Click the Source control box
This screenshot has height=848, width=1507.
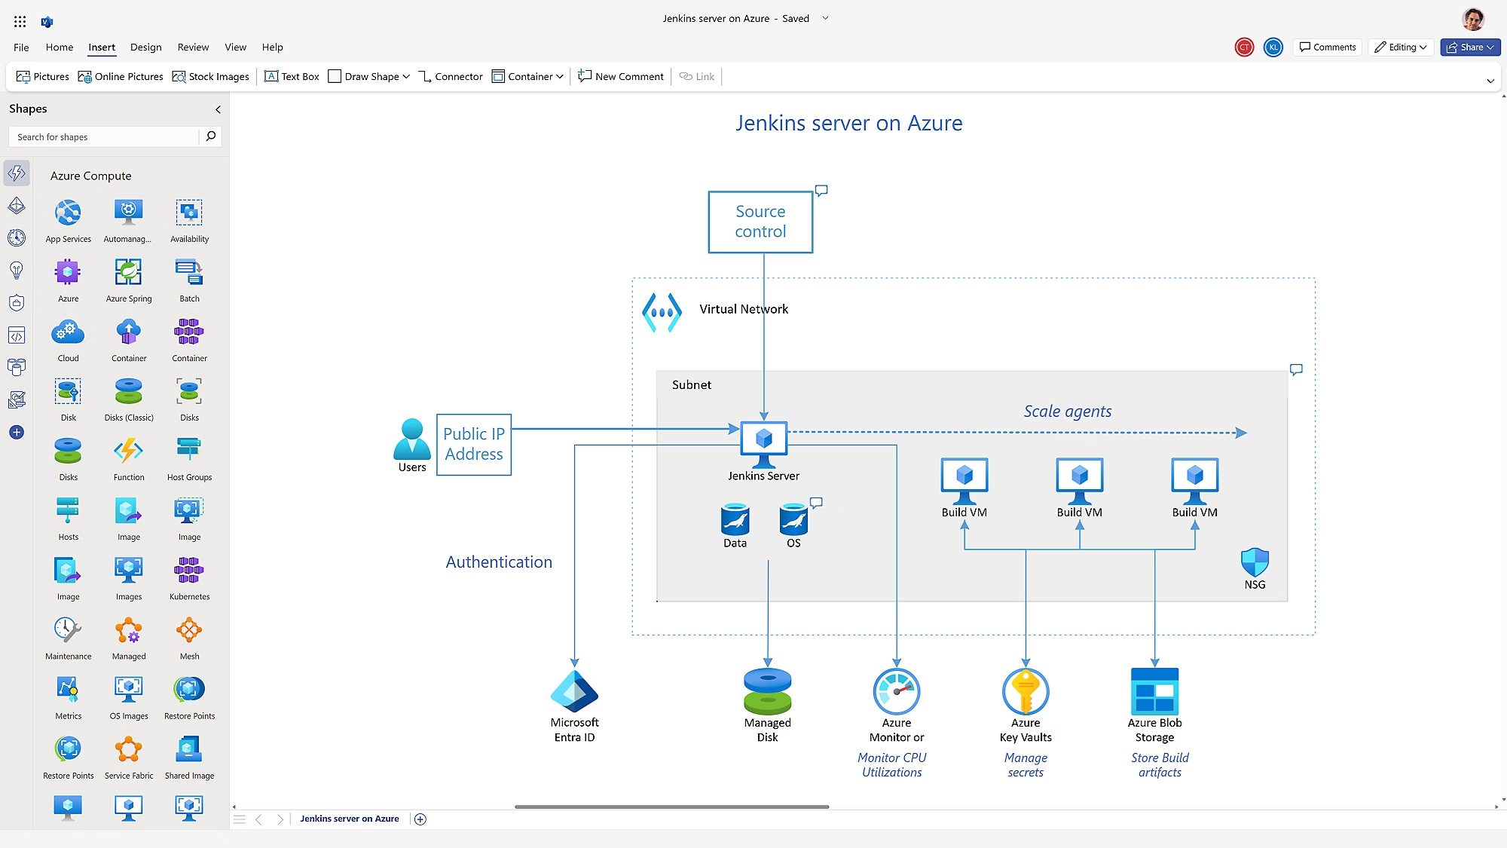coord(760,222)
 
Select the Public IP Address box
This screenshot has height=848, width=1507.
coord(473,444)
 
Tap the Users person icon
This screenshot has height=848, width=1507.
coord(411,439)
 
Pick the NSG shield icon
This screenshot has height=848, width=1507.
coord(1255,562)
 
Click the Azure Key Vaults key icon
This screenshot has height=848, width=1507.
coord(1026,690)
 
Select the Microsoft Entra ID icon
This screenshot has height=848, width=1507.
coord(574,690)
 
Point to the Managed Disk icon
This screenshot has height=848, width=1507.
coord(767,690)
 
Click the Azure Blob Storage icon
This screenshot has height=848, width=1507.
coord(1154,690)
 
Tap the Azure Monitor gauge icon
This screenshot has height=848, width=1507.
coord(896,690)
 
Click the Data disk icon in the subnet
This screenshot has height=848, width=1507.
coord(735,519)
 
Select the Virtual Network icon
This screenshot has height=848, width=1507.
coord(662,312)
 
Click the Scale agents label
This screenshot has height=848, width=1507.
coord(1067,412)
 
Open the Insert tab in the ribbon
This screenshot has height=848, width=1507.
coord(102,47)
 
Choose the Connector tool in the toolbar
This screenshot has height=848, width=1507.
coord(451,76)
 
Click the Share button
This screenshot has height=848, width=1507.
coord(1469,47)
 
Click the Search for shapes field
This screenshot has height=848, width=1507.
coord(105,136)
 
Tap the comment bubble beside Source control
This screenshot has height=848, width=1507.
coord(821,191)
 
